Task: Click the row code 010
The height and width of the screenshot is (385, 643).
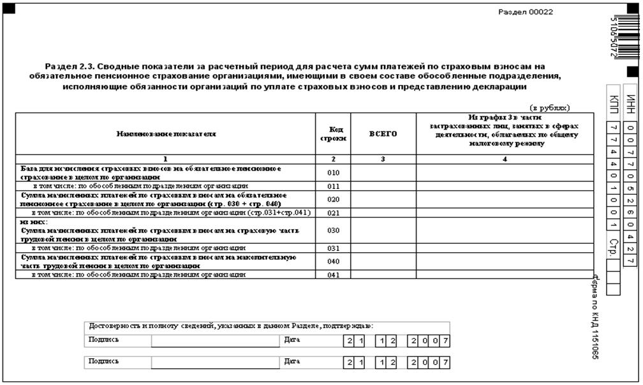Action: tap(333, 172)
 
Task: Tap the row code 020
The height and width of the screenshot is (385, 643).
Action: tap(333, 199)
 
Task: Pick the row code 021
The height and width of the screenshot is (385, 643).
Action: tap(333, 213)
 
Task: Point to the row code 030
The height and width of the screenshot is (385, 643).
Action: tap(333, 230)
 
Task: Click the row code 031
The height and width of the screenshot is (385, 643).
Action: tap(333, 248)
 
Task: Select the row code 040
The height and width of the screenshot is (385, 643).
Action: tap(333, 261)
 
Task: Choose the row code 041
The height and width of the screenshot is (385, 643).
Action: tap(333, 275)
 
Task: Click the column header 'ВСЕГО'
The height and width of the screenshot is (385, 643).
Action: tap(383, 134)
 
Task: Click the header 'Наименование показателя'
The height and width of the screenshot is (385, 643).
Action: tap(166, 134)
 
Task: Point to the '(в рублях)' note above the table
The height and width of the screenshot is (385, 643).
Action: tap(549, 108)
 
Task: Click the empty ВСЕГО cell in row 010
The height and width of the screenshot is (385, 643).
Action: tap(383, 172)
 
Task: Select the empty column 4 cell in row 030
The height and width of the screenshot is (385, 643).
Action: tap(504, 230)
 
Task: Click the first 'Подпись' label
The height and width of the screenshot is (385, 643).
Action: tap(101, 340)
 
